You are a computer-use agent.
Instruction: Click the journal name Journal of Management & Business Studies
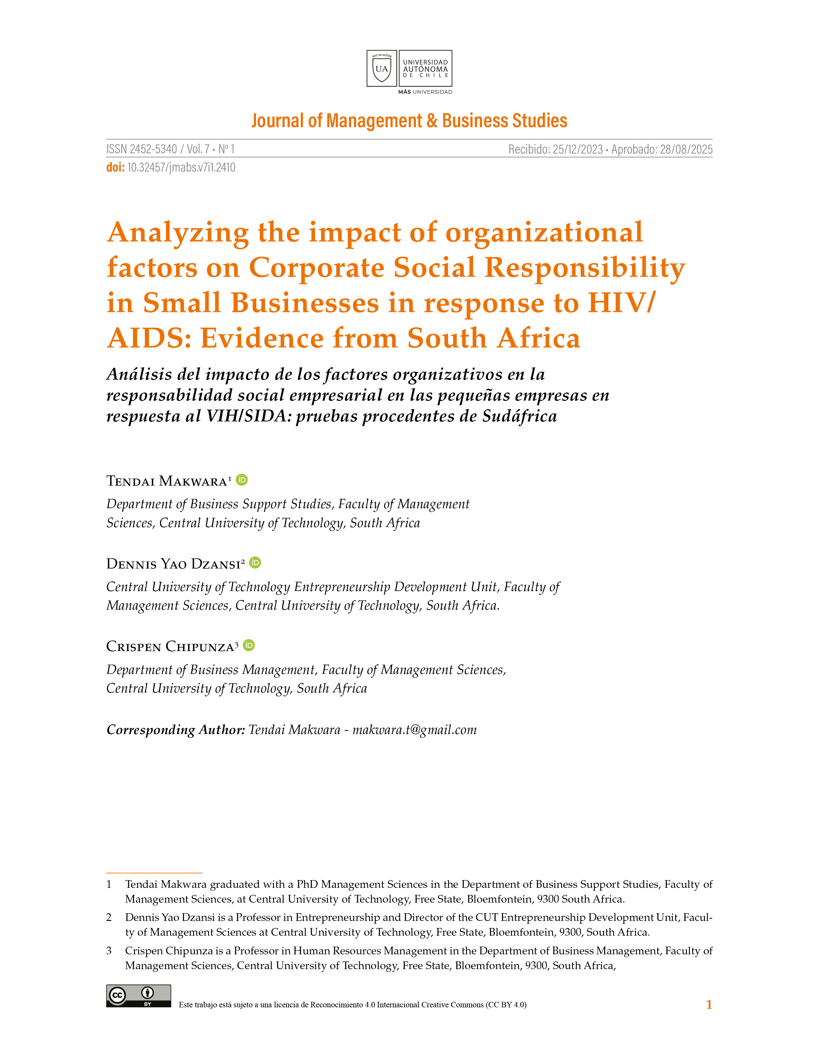pyautogui.click(x=409, y=120)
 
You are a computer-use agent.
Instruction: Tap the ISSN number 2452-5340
pyautogui.click(x=153, y=149)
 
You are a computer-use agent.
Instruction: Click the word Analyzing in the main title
pyautogui.click(x=178, y=233)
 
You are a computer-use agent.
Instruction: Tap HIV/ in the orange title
pyautogui.click(x=621, y=303)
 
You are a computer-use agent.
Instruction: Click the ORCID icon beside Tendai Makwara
pyautogui.click(x=242, y=480)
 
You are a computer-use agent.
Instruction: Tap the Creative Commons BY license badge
pyautogui.click(x=138, y=996)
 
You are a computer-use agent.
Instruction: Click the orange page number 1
pyautogui.click(x=709, y=1005)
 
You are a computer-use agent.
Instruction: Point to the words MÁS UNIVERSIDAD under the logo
pyautogui.click(x=425, y=92)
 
